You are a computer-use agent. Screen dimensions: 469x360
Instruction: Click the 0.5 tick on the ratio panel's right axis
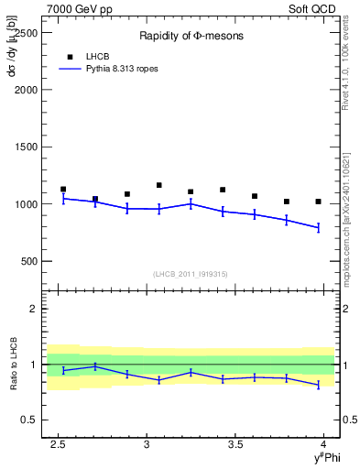pos(348,420)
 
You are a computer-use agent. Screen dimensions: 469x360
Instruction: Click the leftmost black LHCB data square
pos(63,189)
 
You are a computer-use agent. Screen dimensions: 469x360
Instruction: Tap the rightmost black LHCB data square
pos(318,202)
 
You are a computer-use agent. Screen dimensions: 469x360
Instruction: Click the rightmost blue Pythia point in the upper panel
pos(318,227)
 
